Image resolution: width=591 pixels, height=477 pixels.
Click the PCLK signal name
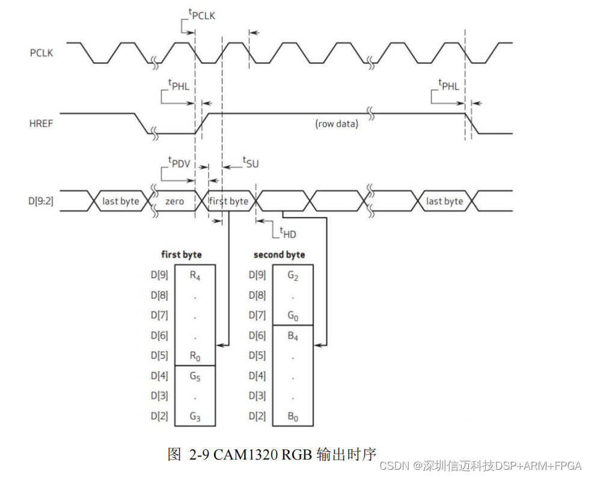coord(41,53)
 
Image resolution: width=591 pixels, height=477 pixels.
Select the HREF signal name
coord(41,123)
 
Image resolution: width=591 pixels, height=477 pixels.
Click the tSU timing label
coord(250,162)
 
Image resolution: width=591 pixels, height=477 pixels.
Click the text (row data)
coord(337,124)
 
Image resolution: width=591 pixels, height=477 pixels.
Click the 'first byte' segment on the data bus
coord(229,201)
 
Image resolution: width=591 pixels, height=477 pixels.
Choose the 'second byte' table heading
coord(279,255)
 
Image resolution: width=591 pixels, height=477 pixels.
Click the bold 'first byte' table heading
coord(182,255)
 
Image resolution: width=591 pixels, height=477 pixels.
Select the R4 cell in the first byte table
coord(195,276)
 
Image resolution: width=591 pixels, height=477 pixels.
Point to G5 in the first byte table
coord(195,376)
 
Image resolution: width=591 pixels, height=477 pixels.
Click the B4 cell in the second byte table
coord(293,336)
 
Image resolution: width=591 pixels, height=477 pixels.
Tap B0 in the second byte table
coord(293,417)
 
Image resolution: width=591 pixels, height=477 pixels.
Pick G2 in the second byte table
coord(293,276)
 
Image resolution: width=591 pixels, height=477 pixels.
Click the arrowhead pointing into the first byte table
coord(219,345)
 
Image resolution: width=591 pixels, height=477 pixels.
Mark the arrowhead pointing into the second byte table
coord(317,345)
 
